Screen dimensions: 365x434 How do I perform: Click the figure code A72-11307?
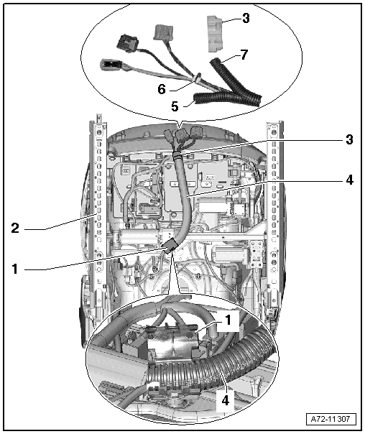tap(331, 418)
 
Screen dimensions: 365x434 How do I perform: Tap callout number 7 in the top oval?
tap(244, 55)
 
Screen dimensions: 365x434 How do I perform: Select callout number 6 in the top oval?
tap(162, 89)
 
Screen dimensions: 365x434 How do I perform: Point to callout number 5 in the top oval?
tap(175, 106)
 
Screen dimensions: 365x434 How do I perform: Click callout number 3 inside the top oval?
tap(246, 18)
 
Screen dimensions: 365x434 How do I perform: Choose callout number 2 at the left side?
tap(15, 228)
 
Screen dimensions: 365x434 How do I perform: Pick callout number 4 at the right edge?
tap(349, 180)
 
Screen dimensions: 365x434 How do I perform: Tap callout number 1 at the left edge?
tap(15, 269)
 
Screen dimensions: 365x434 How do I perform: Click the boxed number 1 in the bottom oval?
tap(228, 320)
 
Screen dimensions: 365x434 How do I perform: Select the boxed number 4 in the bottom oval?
tap(226, 400)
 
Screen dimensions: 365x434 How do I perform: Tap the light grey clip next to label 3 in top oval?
tap(215, 34)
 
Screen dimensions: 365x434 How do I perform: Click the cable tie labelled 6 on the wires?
tap(198, 78)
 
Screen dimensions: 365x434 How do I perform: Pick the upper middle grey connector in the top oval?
tap(163, 32)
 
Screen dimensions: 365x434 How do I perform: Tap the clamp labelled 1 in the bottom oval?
tap(174, 341)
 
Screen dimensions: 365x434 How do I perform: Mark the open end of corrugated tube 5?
tap(195, 99)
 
